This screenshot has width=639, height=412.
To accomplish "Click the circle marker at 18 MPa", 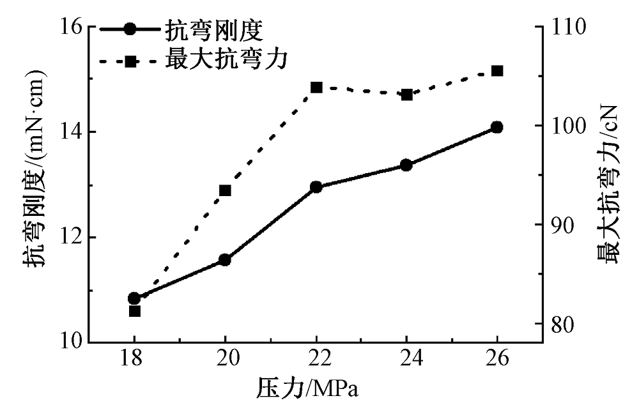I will (134, 298).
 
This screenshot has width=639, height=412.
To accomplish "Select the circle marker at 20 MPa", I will (225, 260).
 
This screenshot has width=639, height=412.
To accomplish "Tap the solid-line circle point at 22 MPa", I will (316, 187).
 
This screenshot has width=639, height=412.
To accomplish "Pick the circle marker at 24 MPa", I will (406, 165).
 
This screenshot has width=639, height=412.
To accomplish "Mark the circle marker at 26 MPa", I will (497, 127).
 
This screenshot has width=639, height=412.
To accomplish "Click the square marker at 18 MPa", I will (134, 311).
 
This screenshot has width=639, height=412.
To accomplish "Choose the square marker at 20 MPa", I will (225, 190).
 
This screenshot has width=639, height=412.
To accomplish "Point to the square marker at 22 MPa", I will (316, 87).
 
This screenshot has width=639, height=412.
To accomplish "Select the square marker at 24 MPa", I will (406, 95).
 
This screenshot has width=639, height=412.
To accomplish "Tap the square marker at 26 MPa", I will (497, 71).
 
